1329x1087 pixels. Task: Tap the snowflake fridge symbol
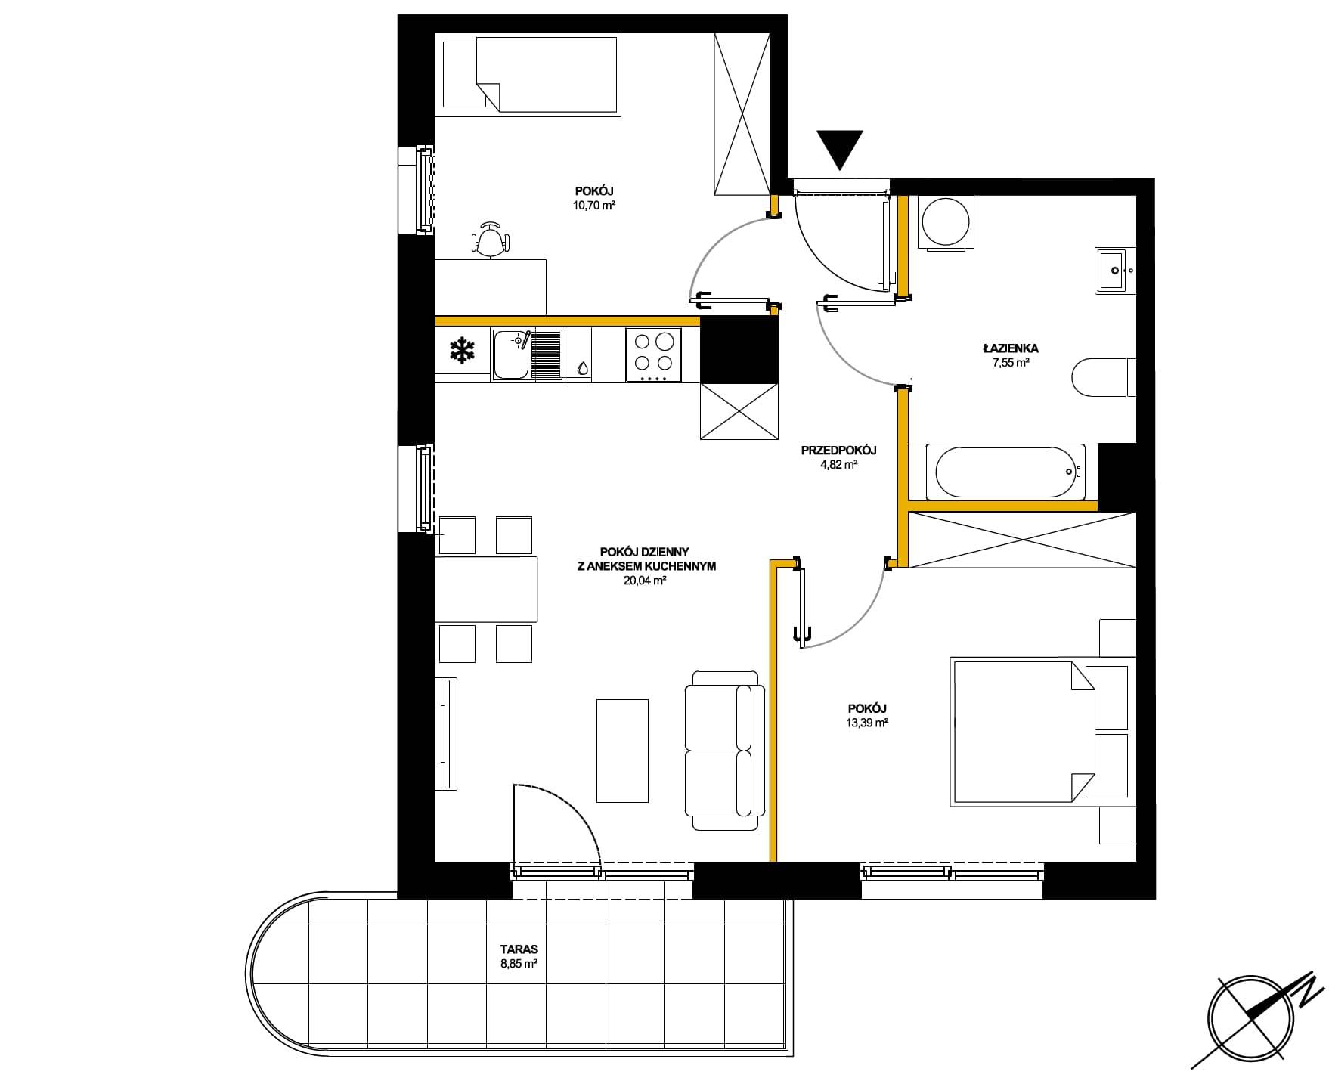click(463, 351)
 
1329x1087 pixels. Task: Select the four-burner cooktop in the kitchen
click(653, 355)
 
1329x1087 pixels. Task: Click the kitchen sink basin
click(510, 355)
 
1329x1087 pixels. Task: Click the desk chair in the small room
click(491, 240)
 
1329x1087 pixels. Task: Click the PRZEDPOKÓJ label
click(838, 451)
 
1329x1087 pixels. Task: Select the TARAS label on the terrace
click(513, 949)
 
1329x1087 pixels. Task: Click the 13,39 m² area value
click(867, 723)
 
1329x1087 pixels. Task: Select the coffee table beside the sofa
click(622, 750)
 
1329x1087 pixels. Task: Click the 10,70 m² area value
click(593, 204)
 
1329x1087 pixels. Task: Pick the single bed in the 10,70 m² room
click(531, 76)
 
